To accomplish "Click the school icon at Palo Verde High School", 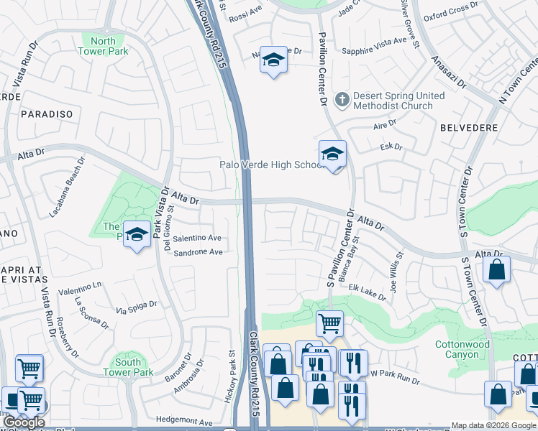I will (x=332, y=154).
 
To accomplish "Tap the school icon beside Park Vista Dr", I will (x=136, y=234).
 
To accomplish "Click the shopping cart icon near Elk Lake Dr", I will (x=329, y=324).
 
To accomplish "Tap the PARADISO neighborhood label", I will (x=47, y=114).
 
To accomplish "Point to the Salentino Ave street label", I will (x=197, y=238).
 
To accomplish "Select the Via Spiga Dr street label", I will (x=136, y=309).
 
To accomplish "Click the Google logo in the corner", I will (x=24, y=422).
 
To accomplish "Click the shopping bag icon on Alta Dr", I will (x=496, y=271).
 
